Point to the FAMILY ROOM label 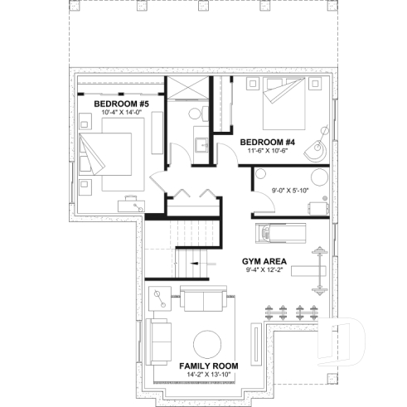209,365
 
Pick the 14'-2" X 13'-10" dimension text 209,375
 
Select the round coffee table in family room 208,342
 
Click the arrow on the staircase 196,264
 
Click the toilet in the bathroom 196,113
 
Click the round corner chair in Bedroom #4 314,152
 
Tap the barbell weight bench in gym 303,269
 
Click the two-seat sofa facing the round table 203,301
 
